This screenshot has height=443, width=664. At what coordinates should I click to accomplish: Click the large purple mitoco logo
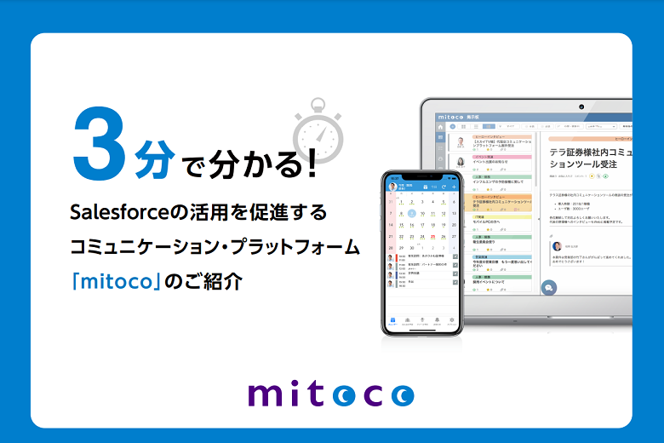(x=331, y=394)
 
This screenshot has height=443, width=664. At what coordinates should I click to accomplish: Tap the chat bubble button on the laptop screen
(x=549, y=288)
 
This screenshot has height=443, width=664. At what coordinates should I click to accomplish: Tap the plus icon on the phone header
(x=454, y=186)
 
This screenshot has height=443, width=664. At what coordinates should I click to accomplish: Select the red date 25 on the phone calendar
(x=432, y=236)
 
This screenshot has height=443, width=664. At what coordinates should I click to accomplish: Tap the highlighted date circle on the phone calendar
(x=411, y=214)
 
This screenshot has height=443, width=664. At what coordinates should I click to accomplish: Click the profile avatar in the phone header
(x=392, y=186)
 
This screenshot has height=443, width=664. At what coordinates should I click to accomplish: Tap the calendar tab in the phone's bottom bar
(x=392, y=320)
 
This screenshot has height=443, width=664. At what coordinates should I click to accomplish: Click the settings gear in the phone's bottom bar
(x=452, y=320)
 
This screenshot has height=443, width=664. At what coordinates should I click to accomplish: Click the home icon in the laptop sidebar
(x=440, y=126)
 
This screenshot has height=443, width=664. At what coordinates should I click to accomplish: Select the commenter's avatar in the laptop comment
(x=557, y=245)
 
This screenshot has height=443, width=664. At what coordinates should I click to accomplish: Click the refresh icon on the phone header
(x=444, y=186)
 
